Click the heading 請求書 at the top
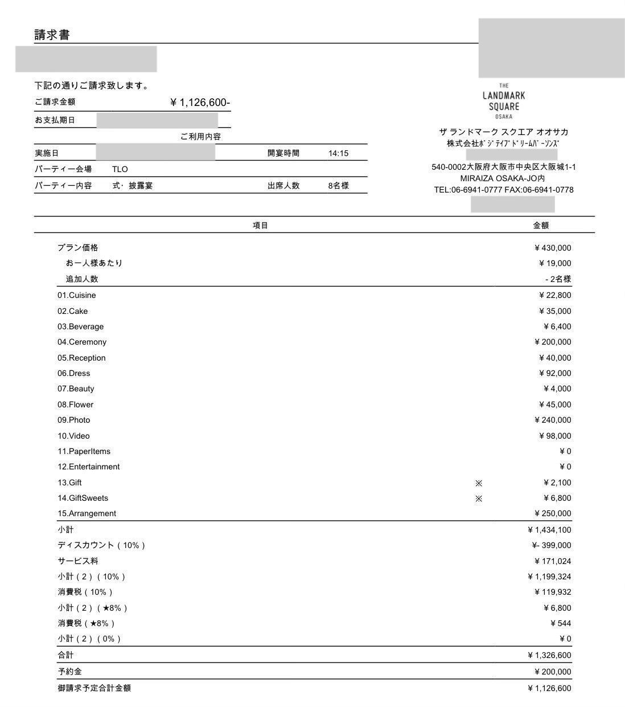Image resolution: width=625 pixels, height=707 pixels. coord(52,35)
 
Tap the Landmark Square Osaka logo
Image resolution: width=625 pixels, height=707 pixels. coord(504,101)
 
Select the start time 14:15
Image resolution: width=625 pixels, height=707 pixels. coord(338,153)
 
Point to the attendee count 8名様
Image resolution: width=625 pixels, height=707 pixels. coord(338,186)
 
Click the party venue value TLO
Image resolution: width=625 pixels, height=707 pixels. coord(120,169)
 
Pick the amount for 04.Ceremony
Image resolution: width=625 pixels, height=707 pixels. coord(552,342)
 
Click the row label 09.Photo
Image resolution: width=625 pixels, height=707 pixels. coord(73,420)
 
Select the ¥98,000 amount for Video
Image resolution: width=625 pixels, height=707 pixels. coord(554,436)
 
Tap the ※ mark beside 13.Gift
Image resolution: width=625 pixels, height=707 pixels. coord(479,483)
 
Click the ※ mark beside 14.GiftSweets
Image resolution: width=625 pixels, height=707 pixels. coord(479,498)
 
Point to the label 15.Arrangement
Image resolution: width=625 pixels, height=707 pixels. coord(87,513)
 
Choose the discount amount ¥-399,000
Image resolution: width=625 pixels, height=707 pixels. coord(551,545)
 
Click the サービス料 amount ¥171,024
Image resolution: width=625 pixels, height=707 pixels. coord(552,561)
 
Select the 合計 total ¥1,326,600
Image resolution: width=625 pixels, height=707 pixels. coord(549,655)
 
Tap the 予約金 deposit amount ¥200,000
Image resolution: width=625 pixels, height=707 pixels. coord(552,672)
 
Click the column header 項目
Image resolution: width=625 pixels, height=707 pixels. coord(260,225)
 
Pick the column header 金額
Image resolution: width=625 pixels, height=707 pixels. coord(541,225)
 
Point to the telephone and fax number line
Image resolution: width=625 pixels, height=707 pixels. coord(504,190)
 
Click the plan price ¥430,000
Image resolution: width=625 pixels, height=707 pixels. coord(552,248)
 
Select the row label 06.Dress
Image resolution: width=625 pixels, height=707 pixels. coord(73,373)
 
